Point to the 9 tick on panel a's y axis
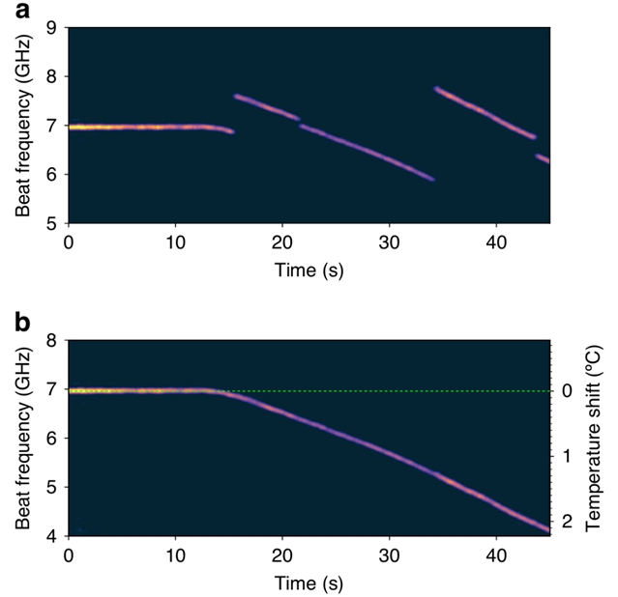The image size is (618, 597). (x=54, y=27)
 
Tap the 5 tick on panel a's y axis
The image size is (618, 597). (x=54, y=223)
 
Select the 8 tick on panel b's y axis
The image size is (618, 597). (x=54, y=341)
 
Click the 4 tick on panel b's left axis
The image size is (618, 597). (x=54, y=535)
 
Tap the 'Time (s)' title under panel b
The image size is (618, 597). (x=308, y=583)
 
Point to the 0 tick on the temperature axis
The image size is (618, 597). (x=567, y=390)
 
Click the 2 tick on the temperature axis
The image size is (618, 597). (x=567, y=522)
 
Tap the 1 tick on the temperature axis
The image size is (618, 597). (x=567, y=455)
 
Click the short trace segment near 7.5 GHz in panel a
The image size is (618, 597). (x=266, y=106)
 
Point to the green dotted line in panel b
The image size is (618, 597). (x=387, y=390)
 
